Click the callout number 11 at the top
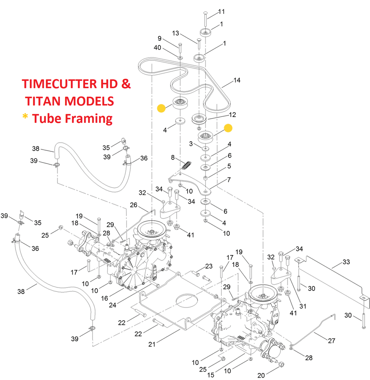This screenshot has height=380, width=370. click(x=221, y=12)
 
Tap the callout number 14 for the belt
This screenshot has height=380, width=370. click(x=237, y=80)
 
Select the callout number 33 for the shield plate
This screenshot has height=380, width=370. click(x=346, y=262)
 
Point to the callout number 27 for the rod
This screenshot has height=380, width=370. click(x=331, y=341)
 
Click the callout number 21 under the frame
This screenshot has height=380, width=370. click(x=152, y=344)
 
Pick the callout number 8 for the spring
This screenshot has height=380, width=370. click(x=173, y=157)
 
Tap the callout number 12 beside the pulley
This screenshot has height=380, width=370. click(x=232, y=115)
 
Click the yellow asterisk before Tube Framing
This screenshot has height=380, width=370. click(x=25, y=117)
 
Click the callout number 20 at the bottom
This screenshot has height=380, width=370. click(x=261, y=375)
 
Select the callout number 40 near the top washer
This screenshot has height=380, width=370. click(x=158, y=48)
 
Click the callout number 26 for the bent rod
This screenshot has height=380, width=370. click(x=134, y=205)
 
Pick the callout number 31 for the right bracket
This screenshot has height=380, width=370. click(x=303, y=306)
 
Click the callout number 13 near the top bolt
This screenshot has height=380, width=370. click(x=175, y=33)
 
